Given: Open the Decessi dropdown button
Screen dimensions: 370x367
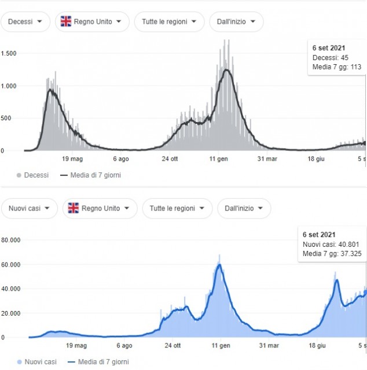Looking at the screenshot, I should (25, 22).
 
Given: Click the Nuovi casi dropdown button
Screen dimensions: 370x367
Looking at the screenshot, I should (29, 208).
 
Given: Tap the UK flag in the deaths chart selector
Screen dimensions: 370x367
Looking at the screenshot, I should (66, 22).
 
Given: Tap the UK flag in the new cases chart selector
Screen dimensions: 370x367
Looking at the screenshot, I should (74, 208).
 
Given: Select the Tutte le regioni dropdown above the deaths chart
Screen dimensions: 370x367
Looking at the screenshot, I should (169, 22).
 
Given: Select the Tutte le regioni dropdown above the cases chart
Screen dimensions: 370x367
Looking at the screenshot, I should (177, 208).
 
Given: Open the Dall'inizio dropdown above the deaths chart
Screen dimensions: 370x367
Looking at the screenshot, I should (236, 22).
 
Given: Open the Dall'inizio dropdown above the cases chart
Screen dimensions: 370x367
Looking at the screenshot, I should (244, 208).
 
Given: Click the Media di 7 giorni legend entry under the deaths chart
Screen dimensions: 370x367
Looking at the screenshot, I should (95, 175).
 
